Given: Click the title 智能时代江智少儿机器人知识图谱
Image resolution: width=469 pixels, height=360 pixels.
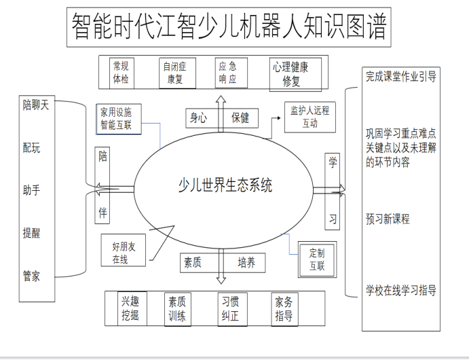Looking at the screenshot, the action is tap(229, 27).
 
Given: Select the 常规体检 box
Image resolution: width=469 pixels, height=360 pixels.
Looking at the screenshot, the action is tap(121, 73).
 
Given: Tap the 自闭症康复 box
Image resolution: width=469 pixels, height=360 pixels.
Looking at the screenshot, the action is tap(177, 73).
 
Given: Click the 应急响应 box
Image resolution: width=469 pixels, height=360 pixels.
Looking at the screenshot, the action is tap(231, 73).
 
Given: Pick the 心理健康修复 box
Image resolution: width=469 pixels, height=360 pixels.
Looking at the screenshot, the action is tap(295, 74).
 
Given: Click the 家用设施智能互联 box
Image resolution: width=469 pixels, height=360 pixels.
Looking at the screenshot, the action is tap(119, 119).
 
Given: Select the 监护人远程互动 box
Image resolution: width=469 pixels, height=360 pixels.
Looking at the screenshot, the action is tap(310, 117).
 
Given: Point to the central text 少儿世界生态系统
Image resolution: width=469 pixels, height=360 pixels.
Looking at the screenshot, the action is tap(225, 185).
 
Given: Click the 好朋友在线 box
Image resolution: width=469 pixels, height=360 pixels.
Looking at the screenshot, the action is tap(124, 250).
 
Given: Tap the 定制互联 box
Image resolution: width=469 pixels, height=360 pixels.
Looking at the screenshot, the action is tap(317, 259).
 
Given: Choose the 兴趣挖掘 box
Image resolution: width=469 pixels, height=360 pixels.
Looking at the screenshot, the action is tap(132, 308).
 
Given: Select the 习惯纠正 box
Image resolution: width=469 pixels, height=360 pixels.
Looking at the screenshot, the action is tap(232, 309).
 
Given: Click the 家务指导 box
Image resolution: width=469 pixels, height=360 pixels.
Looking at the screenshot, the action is tap(284, 309).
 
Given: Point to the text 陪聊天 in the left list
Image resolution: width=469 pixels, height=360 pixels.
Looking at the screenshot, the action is tap(35, 105).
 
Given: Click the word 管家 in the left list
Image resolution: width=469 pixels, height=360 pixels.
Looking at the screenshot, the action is tap(31, 276).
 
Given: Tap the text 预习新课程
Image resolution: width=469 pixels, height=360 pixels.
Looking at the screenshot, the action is tap(388, 219).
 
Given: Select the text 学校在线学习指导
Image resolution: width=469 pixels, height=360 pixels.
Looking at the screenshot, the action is tap(401, 290).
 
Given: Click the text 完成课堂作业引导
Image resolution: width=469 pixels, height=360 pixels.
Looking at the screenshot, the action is tap(401, 77).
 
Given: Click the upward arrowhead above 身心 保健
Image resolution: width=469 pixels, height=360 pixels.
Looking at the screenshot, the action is tap(221, 99).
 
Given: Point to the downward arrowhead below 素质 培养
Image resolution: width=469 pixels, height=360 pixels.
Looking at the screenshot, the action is tap(221, 280).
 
